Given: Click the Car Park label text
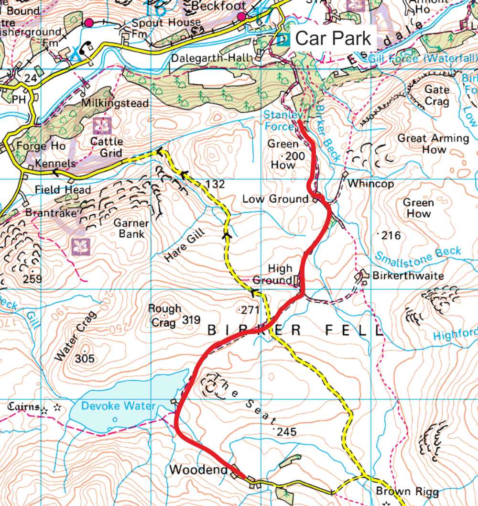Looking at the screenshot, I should coord(333,38).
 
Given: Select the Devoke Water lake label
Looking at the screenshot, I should coord(118,406).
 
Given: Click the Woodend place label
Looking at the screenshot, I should coord(198,470).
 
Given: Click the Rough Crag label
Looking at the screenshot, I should coord(164,315).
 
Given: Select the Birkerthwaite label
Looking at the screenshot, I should coord(408,276).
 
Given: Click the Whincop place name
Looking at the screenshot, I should coord(371,184).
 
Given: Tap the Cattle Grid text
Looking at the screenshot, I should coord(107,147).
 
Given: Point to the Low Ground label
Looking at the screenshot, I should coord(275,199).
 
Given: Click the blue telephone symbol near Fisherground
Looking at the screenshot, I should coord(86,47).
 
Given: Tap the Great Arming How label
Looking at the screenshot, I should coord(433,143).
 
